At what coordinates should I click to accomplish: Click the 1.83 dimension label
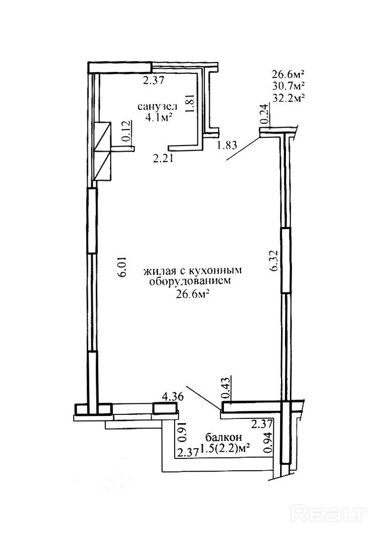tap(227, 145)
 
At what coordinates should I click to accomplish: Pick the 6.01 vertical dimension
tap(124, 266)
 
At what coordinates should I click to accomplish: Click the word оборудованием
tap(189, 282)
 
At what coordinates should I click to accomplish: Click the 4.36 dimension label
tap(172, 396)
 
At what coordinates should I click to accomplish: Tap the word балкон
tap(220, 436)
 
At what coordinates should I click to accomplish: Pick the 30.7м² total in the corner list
tap(288, 85)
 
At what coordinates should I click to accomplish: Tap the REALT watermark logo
tap(328, 514)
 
